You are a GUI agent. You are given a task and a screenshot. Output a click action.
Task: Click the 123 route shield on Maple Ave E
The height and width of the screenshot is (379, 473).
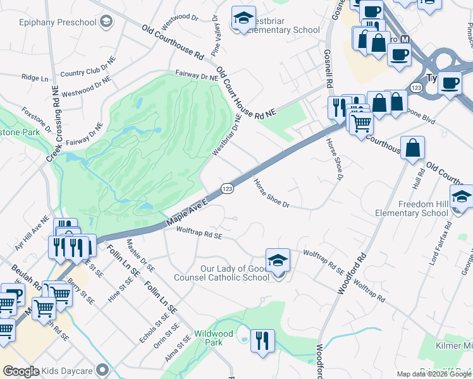pos(226,188)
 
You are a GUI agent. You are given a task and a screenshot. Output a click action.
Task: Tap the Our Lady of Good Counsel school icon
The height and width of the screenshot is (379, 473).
pos(278,260)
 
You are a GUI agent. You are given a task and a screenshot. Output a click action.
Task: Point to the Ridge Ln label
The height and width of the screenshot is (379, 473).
pos(35,78)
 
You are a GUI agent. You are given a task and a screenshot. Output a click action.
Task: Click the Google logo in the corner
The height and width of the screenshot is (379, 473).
pos(21,371)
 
